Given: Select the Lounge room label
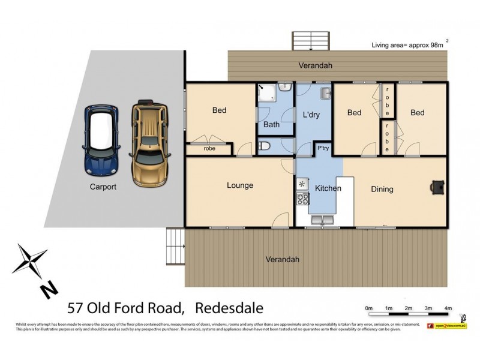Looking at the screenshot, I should (240, 185).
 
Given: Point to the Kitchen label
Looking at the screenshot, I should (328, 188).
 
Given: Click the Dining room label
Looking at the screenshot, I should (382, 190).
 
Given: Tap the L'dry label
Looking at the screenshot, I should (310, 115).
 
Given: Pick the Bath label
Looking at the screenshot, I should (271, 125).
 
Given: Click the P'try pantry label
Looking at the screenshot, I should (322, 148).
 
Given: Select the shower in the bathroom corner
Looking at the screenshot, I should (268, 94).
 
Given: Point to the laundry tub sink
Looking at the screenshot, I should (325, 94).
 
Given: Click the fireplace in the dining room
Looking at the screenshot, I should (437, 188).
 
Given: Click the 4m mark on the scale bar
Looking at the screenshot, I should (448, 308).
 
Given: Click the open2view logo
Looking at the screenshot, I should (446, 326).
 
